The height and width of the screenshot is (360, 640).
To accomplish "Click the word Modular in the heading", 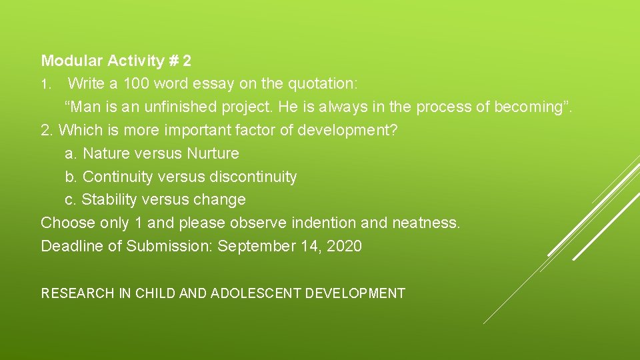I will [x=68, y=61].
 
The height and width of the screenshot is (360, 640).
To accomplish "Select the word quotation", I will [x=322, y=83].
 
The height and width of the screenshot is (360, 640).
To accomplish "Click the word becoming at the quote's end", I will [x=529, y=107].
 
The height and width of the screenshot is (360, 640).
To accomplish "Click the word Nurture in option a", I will [x=213, y=153].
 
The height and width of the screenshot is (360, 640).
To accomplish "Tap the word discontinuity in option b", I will [x=253, y=177].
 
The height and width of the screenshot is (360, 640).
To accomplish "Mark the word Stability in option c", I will [x=107, y=199].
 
